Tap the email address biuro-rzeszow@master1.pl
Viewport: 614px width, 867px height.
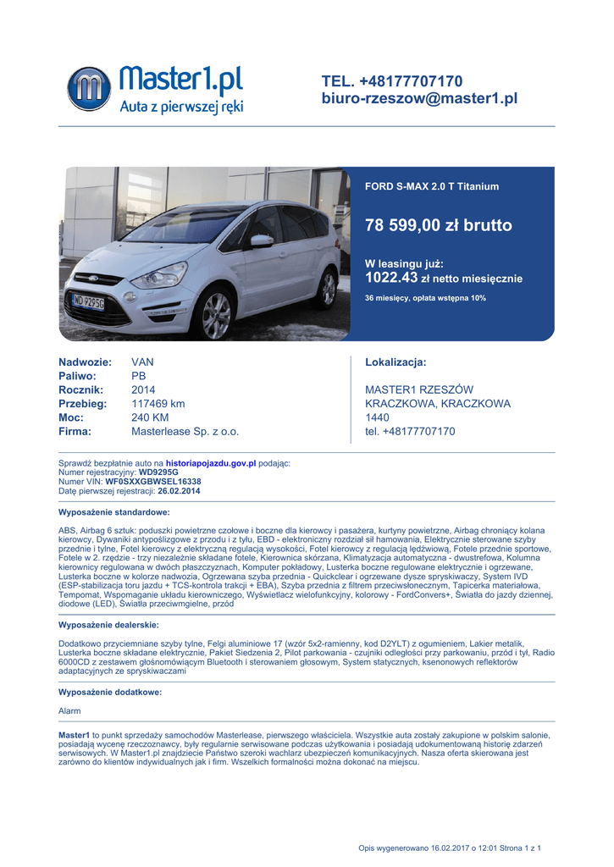[419, 99]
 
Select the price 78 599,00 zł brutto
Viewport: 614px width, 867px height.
[438, 225]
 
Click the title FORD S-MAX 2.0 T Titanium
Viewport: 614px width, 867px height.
[431, 186]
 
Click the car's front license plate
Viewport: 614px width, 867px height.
[89, 301]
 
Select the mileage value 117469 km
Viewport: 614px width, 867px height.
[158, 404]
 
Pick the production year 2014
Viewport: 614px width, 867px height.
[143, 389]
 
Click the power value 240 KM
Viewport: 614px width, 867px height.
[150, 417]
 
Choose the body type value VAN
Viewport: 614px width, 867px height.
[143, 362]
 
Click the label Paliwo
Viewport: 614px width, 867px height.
[77, 376]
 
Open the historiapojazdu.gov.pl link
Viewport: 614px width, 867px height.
[211, 464]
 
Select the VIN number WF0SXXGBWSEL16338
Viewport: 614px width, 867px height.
[153, 481]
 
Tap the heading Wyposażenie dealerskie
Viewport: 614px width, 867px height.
[108, 624]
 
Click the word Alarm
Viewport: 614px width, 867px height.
[69, 710]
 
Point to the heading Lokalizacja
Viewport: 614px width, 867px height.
[395, 362]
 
